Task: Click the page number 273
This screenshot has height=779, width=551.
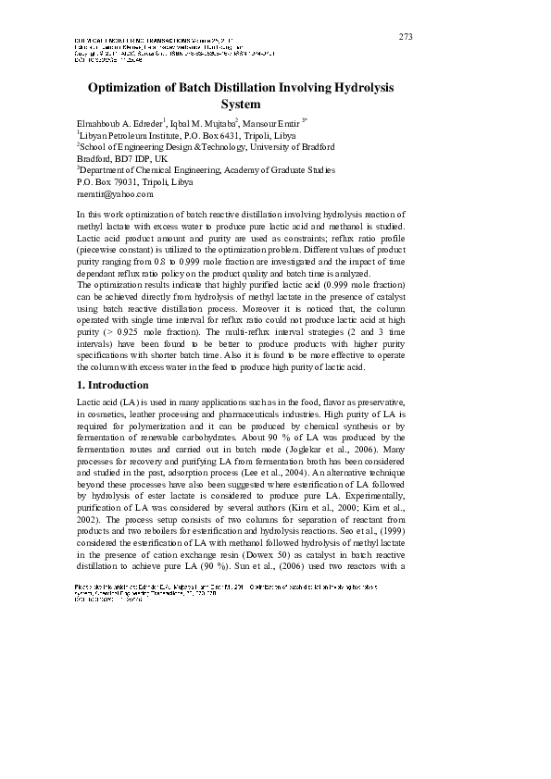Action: tap(406, 36)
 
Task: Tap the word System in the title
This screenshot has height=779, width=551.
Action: tap(240, 105)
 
